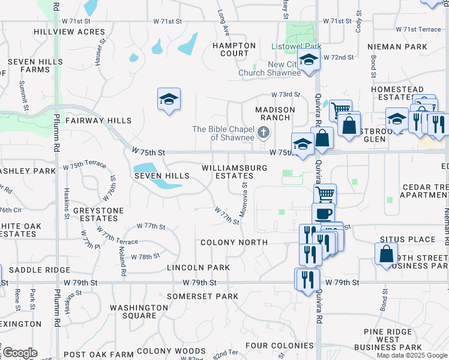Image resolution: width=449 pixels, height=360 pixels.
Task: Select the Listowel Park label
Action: (297, 46)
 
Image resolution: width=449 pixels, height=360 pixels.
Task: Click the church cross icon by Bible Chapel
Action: (263, 132)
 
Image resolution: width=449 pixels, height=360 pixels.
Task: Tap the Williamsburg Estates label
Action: (234, 172)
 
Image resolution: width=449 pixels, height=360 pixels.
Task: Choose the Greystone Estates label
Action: (98, 214)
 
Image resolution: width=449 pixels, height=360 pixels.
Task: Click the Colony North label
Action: (234, 242)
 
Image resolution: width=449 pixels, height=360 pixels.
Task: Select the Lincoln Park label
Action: (198, 267)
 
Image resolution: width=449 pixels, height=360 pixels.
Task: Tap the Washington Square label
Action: (139, 311)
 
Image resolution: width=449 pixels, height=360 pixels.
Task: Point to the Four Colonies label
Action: (280, 346)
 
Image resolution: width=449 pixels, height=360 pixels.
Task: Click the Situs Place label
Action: (413, 239)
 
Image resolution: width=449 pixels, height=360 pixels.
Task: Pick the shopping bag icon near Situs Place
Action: (386, 253)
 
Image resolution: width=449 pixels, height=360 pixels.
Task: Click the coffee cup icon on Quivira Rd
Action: (324, 213)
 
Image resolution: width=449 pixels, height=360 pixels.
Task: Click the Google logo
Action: (19, 353)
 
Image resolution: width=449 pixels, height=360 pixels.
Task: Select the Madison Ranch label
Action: (275, 113)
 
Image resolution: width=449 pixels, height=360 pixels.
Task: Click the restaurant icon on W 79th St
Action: (307, 280)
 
